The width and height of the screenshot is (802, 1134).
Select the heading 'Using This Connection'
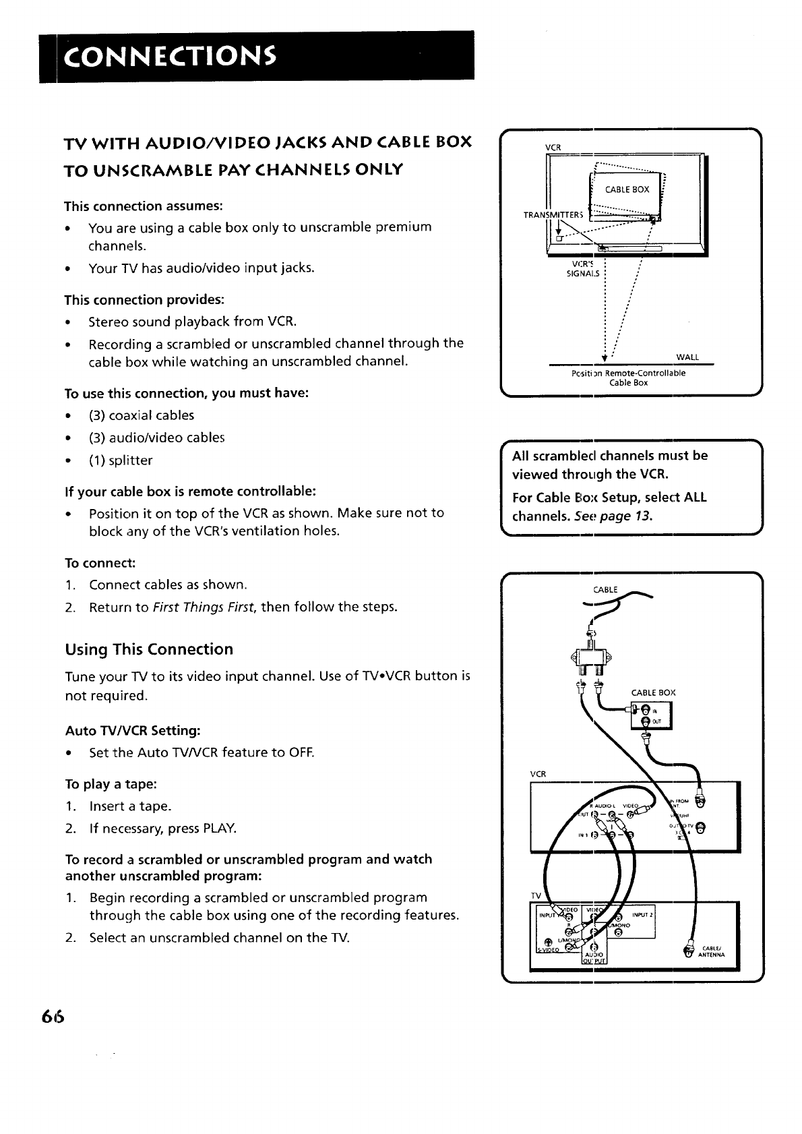point(149,649)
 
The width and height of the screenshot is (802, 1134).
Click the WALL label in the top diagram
point(687,357)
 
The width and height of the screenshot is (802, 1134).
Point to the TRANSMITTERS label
point(553,215)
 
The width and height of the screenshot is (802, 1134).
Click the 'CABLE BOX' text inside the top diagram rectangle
point(627,189)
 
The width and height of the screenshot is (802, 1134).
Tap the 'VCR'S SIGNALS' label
point(584,268)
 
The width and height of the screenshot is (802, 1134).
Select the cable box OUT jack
point(645,721)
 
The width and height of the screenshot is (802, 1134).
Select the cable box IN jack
point(645,709)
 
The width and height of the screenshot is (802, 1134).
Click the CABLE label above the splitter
point(605,590)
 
